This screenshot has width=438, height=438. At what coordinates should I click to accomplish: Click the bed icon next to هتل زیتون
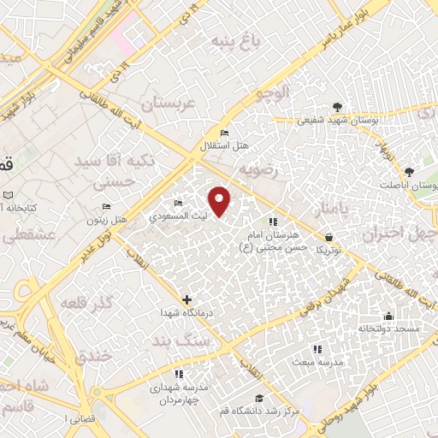tap(107, 207)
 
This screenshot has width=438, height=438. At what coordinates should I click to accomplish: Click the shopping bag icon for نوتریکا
tap(329, 237)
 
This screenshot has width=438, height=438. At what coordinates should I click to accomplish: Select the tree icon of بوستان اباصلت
tap(409, 171)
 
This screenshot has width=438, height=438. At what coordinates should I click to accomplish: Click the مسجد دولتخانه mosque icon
tap(388, 316)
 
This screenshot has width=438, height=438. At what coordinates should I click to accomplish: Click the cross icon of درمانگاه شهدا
tap(187, 299)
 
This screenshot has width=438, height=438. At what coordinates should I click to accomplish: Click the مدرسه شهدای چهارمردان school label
tap(178, 394)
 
